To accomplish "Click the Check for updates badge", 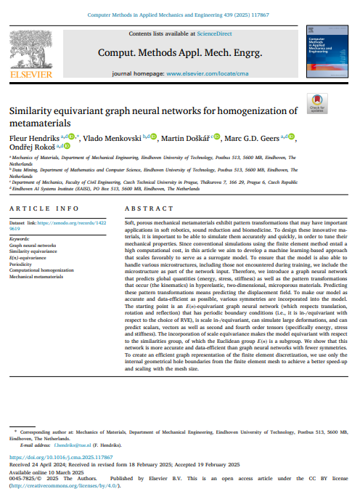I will click(x=317, y=104).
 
